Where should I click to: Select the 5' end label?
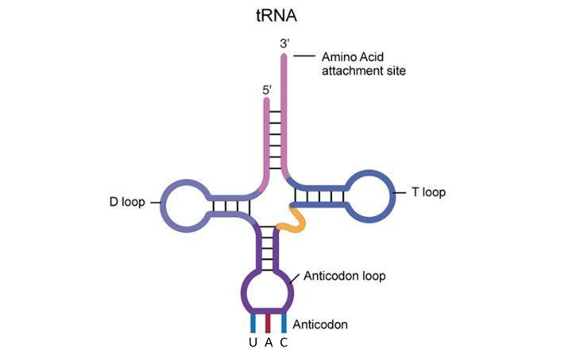coord(267,91)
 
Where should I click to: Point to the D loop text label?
coord(127,202)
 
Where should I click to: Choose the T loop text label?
coord(428,192)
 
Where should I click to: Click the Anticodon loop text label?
coord(342,276)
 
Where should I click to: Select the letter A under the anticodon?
coord(269,343)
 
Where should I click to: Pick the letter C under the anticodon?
coord(283,343)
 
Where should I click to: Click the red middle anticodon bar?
coord(269,323)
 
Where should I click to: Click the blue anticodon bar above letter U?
coord(253,323)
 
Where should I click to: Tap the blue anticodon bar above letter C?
coord(284,323)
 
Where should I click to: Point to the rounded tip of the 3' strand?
coord(284,56)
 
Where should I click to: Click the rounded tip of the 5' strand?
coord(267,104)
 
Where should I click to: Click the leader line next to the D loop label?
coord(153,202)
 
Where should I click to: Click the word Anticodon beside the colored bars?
coord(320,325)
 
